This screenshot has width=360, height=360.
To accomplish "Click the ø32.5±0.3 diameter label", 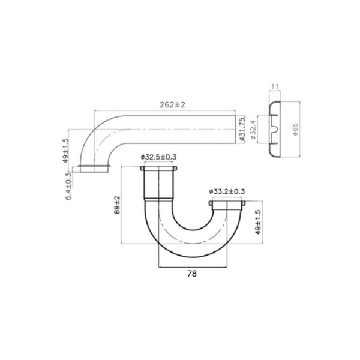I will pos(158,157).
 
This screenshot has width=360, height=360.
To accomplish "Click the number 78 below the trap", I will pos(192,273).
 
